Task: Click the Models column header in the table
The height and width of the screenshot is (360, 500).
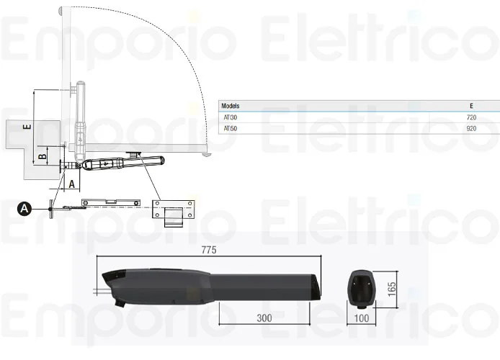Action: (231, 106)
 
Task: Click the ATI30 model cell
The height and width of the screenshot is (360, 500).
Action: (230, 117)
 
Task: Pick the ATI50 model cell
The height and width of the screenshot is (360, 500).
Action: (230, 128)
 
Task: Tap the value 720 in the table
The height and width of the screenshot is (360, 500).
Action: (472, 117)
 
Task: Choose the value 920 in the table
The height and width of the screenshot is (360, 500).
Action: (472, 128)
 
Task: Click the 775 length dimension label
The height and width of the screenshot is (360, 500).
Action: (209, 251)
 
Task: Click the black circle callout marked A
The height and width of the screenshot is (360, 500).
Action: (24, 208)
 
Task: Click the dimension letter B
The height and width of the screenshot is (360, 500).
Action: (43, 154)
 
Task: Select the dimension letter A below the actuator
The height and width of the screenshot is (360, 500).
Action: (71, 183)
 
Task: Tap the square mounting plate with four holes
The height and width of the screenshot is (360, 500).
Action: (173, 210)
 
